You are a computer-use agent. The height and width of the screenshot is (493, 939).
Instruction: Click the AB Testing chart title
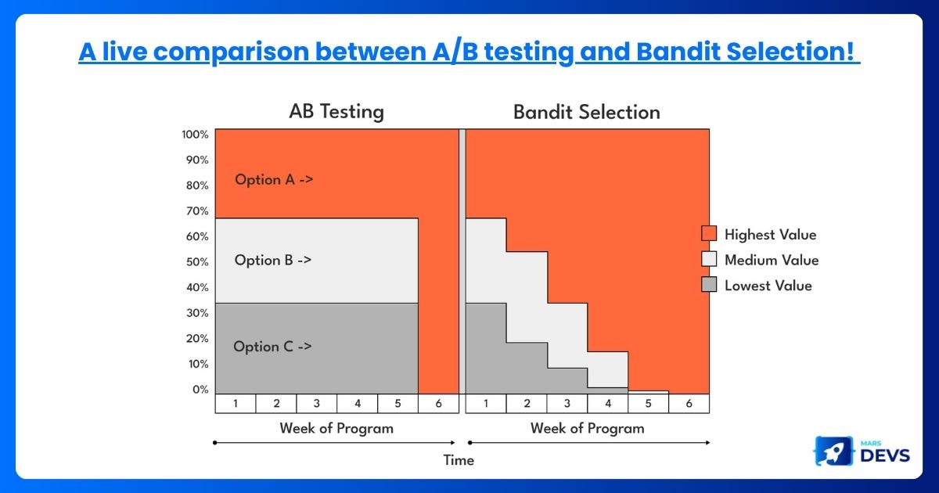(336, 112)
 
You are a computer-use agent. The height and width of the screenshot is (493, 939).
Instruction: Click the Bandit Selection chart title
(587, 113)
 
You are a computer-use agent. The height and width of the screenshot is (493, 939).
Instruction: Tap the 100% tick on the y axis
(195, 135)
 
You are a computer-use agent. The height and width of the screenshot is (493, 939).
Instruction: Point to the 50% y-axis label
(197, 262)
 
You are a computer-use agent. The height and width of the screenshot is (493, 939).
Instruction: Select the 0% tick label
(200, 390)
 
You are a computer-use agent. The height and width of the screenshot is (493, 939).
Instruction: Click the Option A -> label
(274, 180)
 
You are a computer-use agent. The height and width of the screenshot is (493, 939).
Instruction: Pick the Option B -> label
(273, 261)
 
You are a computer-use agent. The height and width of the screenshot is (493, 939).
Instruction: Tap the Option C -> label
(272, 347)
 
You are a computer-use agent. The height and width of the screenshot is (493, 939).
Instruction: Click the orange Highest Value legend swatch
(709, 233)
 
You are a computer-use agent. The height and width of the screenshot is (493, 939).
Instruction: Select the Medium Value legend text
(772, 261)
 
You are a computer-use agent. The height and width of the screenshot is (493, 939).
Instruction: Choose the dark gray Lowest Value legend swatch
(709, 285)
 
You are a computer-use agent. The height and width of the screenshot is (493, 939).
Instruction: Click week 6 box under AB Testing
(438, 404)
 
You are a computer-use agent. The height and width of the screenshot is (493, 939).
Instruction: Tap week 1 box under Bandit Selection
(486, 404)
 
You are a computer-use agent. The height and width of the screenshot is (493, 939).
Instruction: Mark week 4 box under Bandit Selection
(608, 404)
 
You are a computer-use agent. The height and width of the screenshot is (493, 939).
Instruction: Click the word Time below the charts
(459, 460)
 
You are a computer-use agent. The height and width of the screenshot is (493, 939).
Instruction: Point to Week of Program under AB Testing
(336, 429)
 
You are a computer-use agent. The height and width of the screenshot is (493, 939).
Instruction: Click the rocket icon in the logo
(834, 451)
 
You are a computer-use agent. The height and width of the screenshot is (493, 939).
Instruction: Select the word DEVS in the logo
(885, 455)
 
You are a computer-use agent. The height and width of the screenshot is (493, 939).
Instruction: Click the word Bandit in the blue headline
(678, 52)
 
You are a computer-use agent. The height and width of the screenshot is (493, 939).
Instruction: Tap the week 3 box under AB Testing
(316, 404)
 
